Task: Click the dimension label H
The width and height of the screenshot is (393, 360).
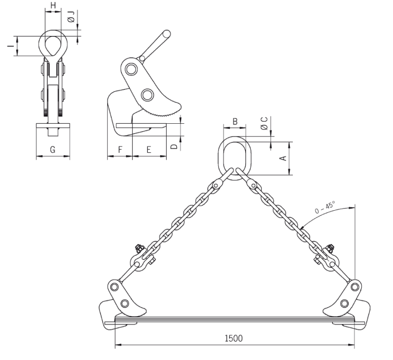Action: [53, 5]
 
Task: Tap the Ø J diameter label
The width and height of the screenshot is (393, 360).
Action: [71, 17]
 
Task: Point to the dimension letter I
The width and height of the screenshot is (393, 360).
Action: [11, 46]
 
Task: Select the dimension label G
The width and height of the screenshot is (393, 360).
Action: [53, 150]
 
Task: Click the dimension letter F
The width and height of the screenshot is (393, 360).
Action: [120, 150]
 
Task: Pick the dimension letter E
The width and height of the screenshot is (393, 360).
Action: [149, 150]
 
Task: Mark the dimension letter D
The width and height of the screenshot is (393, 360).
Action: [174, 146]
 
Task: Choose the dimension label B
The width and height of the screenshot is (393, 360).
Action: [235, 121]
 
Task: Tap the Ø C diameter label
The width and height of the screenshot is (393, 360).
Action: [264, 123]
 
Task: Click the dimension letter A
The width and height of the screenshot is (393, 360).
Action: [283, 158]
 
